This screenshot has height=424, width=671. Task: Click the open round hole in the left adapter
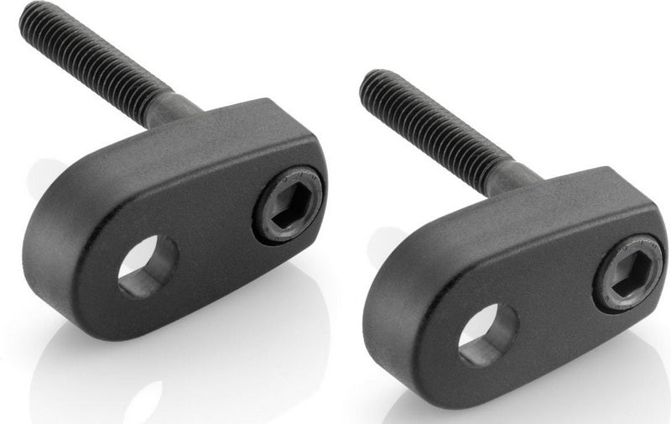tap(147, 266)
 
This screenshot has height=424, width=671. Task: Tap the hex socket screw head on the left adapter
tap(288, 205)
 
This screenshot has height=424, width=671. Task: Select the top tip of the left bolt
tap(30, 12)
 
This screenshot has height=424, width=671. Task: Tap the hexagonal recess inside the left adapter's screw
tap(289, 205)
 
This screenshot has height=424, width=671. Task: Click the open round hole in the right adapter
tap(487, 334)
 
